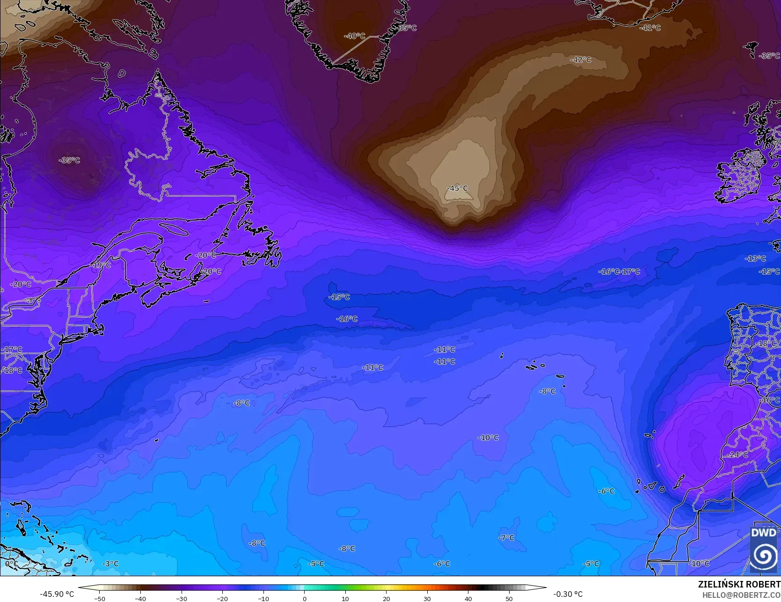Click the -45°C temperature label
coord(457,188)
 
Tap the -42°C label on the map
coord(581,60)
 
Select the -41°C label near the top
coord(650,28)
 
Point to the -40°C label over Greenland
coord(354,36)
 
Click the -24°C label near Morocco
coord(737,455)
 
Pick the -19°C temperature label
coord(101,265)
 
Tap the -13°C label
coord(755,259)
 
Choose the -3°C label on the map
coord(110,564)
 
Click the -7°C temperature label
coord(506,538)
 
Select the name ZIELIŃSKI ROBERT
coord(739,584)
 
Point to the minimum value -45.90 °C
coord(57,594)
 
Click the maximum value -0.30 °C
coord(568,594)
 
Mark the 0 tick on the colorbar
coord(305,598)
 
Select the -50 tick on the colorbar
coord(100,598)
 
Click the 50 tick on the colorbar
coord(509,598)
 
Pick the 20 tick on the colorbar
coord(387,598)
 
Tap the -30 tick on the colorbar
coord(182,598)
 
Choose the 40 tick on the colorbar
coord(468,598)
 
